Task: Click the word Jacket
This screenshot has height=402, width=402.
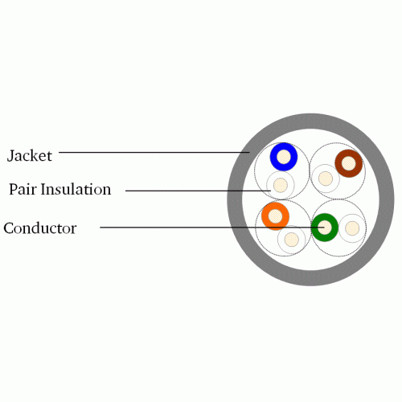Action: click(30, 156)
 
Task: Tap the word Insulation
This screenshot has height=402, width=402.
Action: click(76, 189)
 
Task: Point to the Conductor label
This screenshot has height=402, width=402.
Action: click(40, 228)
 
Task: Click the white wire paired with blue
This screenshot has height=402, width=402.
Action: click(281, 185)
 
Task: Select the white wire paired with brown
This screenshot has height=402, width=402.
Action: click(326, 178)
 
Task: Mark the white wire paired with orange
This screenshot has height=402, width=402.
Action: click(291, 240)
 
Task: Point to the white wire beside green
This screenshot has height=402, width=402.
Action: click(352, 228)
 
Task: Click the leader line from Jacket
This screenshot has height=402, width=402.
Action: click(154, 152)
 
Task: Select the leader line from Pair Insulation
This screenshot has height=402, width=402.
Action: click(198, 191)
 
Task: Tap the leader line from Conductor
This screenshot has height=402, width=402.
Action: click(212, 228)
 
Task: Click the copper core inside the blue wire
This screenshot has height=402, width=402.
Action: click(284, 157)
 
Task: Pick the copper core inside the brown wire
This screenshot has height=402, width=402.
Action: click(349, 163)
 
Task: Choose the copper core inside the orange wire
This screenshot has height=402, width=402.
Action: click(275, 216)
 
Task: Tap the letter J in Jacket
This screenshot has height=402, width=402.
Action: click(10, 156)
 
